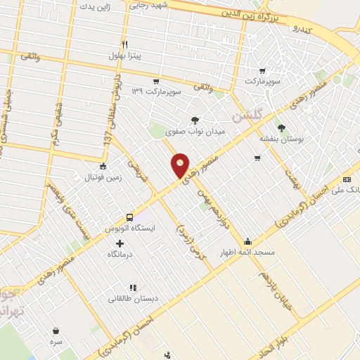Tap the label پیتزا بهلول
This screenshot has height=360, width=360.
point(105,56)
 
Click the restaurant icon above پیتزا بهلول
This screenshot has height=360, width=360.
point(124,44)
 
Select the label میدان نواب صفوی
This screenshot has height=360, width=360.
point(190,131)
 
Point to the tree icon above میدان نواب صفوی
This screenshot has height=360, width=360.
point(195,120)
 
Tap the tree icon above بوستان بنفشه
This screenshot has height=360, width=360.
point(281,128)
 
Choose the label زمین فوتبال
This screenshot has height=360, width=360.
point(103,178)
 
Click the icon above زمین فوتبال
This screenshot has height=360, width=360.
point(103,167)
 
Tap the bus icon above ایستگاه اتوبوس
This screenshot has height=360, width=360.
point(129,217)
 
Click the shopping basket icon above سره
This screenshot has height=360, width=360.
point(56,330)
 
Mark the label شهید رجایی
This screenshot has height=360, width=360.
point(148,5)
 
